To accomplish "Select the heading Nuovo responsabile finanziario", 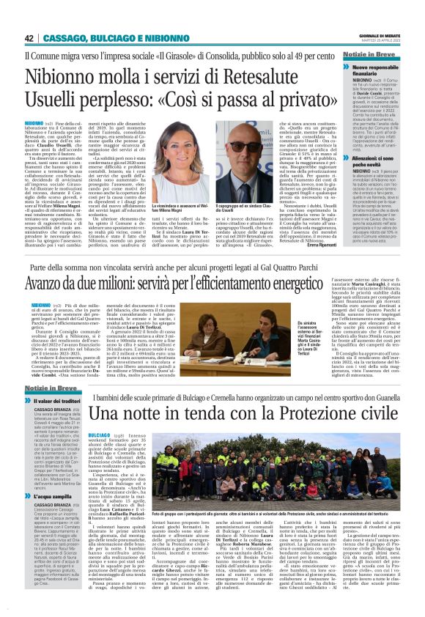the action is (376, 73).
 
